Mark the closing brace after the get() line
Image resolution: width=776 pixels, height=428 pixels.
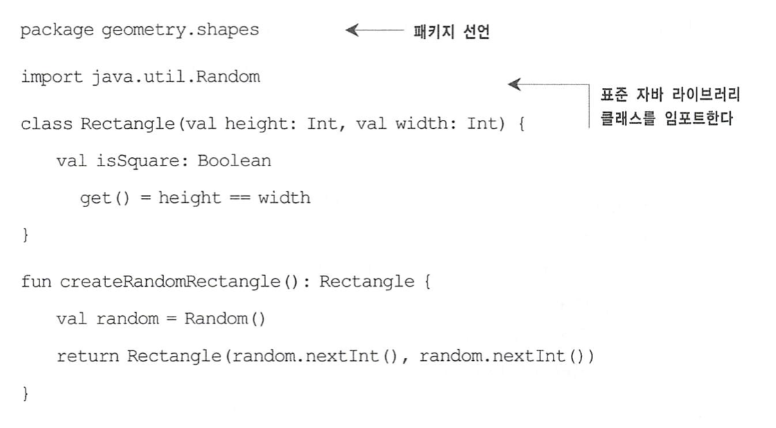[26, 235]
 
